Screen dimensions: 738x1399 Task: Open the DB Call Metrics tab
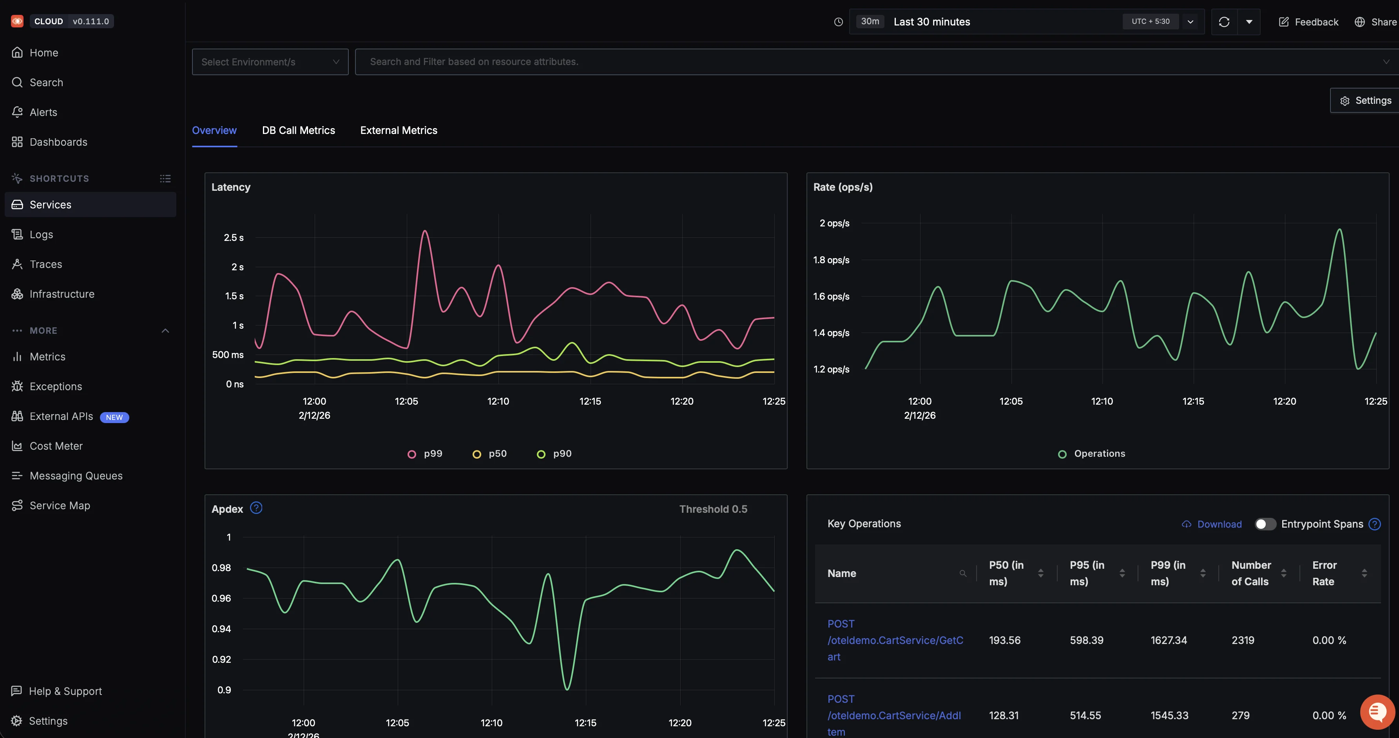298,130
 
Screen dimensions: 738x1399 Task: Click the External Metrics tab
398,130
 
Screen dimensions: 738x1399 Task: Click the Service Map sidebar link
60,505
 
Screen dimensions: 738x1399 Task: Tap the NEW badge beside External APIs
114,417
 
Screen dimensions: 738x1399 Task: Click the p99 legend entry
425,454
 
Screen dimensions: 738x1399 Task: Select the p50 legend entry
490,454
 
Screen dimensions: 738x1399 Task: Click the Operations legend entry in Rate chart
1092,454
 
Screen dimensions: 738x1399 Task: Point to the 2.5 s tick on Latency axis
234,237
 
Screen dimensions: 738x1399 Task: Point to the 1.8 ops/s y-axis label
831,260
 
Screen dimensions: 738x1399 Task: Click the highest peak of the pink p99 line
425,232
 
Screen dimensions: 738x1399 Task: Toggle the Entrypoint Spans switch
1265,524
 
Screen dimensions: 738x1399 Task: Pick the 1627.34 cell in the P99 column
1169,640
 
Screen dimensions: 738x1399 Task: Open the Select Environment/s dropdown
270,62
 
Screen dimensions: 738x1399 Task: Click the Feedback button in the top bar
1309,22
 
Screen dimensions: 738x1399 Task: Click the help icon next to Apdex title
256,508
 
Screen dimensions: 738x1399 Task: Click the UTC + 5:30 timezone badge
1150,21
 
